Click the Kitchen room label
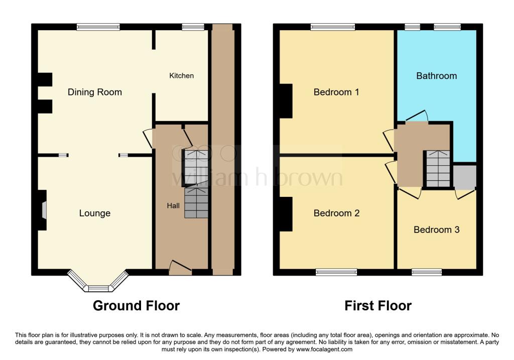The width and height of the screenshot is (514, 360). pyautogui.click(x=181, y=76)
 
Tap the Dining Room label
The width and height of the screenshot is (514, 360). pyautogui.click(x=95, y=92)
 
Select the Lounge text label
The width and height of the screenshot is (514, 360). pyautogui.click(x=95, y=213)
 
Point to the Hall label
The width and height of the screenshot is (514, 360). pyautogui.click(x=173, y=205)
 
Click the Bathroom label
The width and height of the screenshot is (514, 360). pyautogui.click(x=436, y=76)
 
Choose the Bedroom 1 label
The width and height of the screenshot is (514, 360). pyautogui.click(x=336, y=92)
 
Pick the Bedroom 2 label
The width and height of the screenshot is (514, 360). pyautogui.click(x=336, y=213)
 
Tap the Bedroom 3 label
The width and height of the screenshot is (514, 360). pyautogui.click(x=436, y=230)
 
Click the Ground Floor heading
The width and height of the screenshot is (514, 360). pyautogui.click(x=137, y=306)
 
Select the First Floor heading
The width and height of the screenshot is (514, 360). pyautogui.click(x=378, y=306)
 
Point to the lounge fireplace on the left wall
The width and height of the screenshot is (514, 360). pyautogui.click(x=41, y=210)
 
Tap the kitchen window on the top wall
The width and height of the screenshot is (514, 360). pyautogui.click(x=193, y=27)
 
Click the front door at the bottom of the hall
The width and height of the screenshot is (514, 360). pyautogui.click(x=180, y=268)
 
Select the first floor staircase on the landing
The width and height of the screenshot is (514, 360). pyautogui.click(x=438, y=169)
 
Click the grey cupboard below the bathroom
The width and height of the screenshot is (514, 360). pyautogui.click(x=465, y=177)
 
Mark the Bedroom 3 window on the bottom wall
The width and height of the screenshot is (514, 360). pyautogui.click(x=427, y=272)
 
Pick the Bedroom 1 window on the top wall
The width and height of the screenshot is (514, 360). pyautogui.click(x=333, y=27)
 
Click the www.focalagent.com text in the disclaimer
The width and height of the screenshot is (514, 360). pyautogui.click(x=324, y=349)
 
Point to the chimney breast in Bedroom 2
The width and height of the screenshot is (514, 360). pyautogui.click(x=286, y=214)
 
